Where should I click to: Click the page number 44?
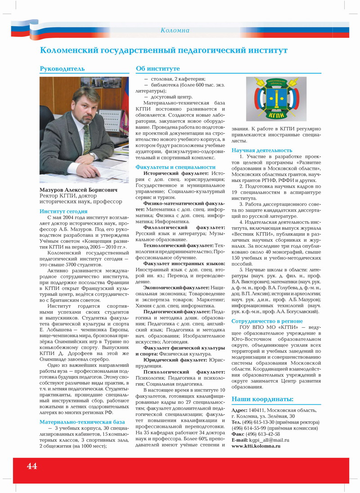[x=31, y=466]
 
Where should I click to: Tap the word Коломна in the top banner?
[x=175, y=30]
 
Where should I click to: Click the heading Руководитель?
[x=62, y=69]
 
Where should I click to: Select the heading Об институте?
[x=158, y=69]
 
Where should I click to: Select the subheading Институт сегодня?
[x=63, y=211]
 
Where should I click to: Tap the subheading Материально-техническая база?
[x=82, y=422]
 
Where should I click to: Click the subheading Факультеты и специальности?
[x=175, y=167]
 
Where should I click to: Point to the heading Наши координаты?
[x=262, y=399]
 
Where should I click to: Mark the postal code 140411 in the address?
[x=256, y=410]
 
